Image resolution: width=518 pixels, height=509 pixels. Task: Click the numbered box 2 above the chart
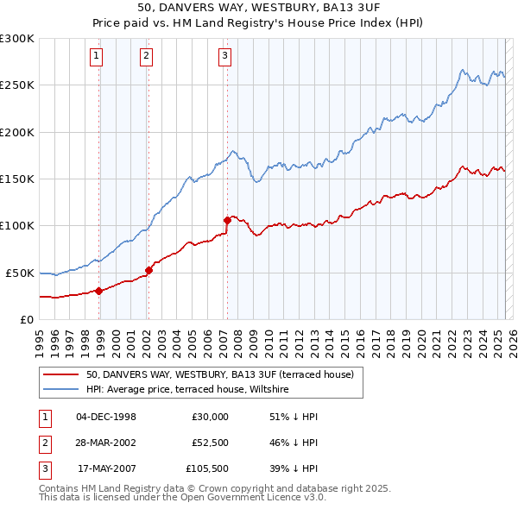tap(146, 57)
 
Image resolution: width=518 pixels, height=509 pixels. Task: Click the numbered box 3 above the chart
tap(224, 57)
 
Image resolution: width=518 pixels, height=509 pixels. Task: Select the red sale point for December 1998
tap(99, 291)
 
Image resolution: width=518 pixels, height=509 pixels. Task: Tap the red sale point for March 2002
tap(149, 270)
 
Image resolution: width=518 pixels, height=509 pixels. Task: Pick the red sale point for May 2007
tap(227, 220)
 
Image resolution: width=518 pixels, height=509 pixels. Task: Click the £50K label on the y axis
tap(20, 273)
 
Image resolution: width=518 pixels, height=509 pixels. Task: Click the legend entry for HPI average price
tap(186, 390)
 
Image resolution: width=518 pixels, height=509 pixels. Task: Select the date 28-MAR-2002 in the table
tap(106, 443)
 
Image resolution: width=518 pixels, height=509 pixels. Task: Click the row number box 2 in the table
tap(43, 443)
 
